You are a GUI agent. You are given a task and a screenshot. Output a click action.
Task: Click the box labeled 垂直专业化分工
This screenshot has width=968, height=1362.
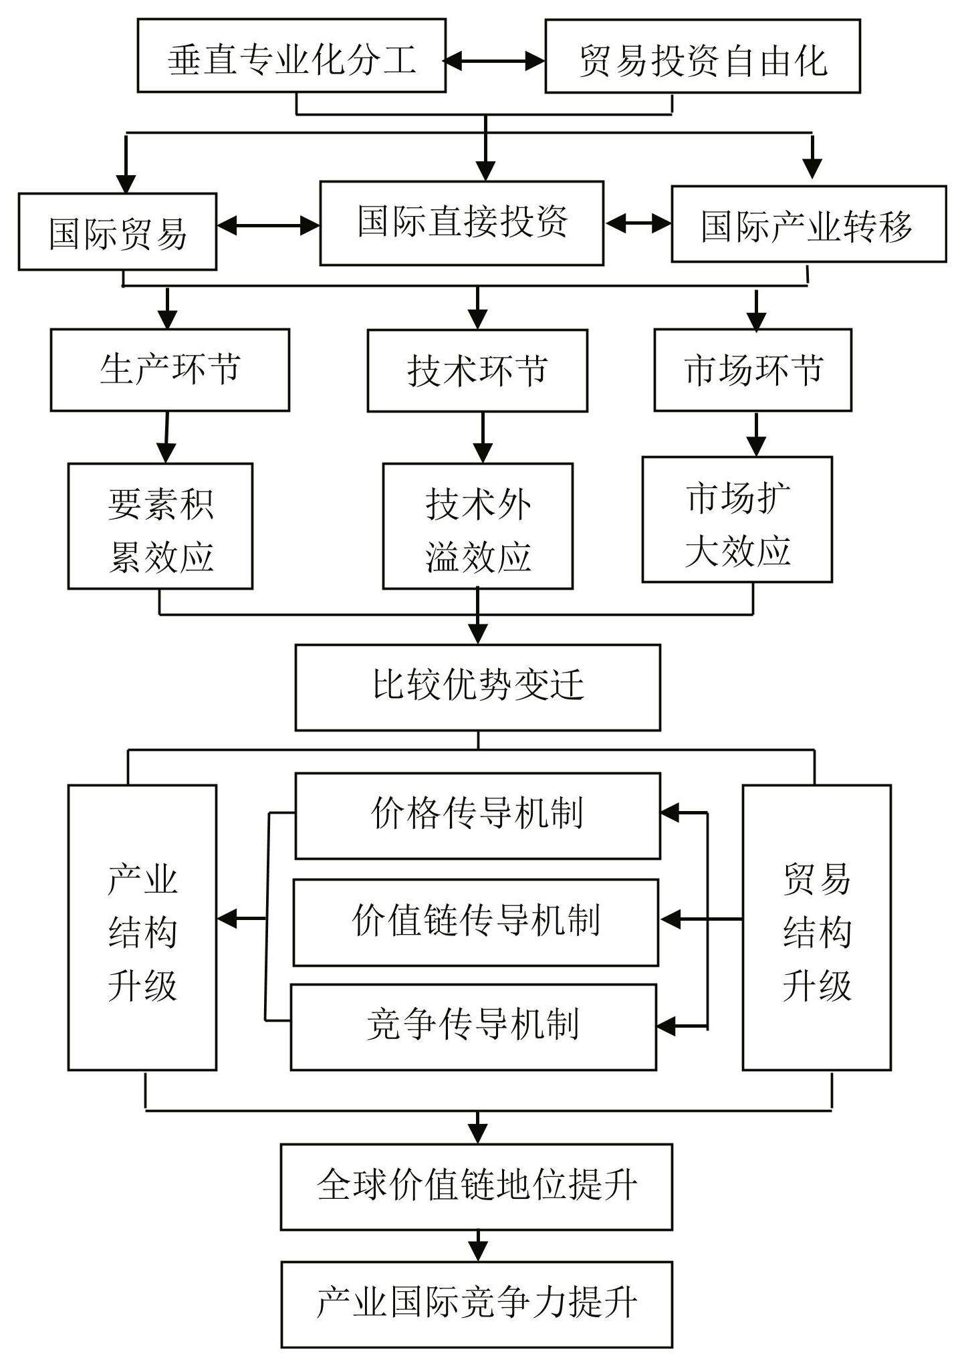pos(291,55)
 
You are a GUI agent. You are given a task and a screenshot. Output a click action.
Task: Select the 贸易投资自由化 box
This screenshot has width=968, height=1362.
pos(703,56)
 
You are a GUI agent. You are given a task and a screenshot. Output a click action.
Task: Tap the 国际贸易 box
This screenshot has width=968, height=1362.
pos(118,231)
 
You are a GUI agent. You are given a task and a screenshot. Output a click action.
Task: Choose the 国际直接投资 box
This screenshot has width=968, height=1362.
pos(462,223)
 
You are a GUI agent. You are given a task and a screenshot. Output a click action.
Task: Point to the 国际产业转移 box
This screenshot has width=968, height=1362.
pos(809,224)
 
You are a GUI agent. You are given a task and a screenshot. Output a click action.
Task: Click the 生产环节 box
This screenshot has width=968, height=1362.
pos(170,370)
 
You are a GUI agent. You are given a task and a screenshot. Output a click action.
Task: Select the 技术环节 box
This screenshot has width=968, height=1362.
pos(477,370)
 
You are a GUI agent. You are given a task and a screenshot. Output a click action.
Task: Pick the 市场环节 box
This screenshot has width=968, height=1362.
pos(753,370)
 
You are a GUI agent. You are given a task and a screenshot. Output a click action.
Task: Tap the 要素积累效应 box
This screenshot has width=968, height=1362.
pos(160,526)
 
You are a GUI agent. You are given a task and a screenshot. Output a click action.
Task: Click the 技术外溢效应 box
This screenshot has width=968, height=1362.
pos(478,526)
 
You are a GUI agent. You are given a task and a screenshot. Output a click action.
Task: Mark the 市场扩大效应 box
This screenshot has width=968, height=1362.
pos(737,520)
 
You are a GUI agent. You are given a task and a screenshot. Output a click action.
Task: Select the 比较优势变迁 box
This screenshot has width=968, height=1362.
pos(478,687)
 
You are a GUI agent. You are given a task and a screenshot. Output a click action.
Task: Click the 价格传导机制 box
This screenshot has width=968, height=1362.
pos(478,816)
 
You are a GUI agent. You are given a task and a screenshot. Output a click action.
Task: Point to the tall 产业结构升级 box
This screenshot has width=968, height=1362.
pos(142,927)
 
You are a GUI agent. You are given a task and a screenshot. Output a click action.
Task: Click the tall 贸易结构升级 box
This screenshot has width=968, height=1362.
pos(817,927)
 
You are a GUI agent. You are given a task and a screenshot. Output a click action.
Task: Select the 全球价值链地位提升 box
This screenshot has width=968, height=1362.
pos(477,1187)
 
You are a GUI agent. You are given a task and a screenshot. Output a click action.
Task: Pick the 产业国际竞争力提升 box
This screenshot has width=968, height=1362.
pos(477,1304)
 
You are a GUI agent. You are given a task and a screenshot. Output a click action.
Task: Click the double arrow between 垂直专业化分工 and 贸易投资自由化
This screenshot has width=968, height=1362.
pos(495,62)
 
